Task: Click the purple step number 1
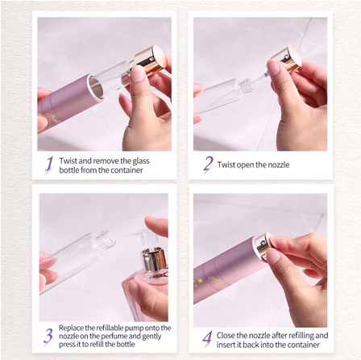click(48, 165)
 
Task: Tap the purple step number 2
click(208, 164)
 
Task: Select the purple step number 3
click(48, 336)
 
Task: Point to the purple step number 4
click(207, 339)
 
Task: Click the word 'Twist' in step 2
click(226, 164)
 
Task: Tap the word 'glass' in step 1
click(141, 161)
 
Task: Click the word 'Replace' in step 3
click(71, 328)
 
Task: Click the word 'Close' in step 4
click(226, 335)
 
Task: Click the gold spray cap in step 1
click(151, 60)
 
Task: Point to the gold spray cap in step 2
click(287, 60)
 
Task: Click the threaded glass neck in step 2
click(244, 86)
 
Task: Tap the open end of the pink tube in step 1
click(96, 87)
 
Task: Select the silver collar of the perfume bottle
click(154, 261)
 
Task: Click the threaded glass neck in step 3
click(106, 241)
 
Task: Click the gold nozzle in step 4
click(263, 246)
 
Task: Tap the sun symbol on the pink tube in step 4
click(200, 281)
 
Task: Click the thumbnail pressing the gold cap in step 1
click(138, 73)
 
